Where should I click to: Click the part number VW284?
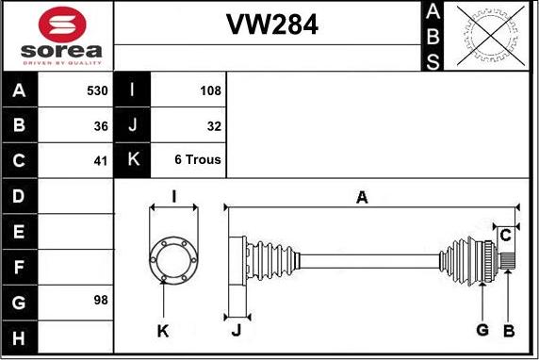(271, 25)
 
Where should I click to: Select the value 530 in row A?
(96, 91)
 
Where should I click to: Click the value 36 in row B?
(101, 125)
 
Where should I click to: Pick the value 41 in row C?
(101, 159)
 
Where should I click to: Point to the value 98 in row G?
(101, 301)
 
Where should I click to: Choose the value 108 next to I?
(210, 91)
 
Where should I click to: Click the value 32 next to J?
(213, 125)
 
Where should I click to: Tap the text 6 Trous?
(198, 159)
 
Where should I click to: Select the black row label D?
(20, 197)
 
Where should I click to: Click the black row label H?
(20, 336)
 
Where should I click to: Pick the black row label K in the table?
(133, 159)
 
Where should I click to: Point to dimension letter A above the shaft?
(361, 197)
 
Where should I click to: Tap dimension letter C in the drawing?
(505, 234)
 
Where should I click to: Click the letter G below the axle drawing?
(482, 330)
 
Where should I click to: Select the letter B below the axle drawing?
(508, 330)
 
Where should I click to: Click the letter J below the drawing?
(237, 330)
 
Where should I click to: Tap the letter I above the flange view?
(174, 197)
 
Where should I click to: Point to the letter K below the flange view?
(163, 330)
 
